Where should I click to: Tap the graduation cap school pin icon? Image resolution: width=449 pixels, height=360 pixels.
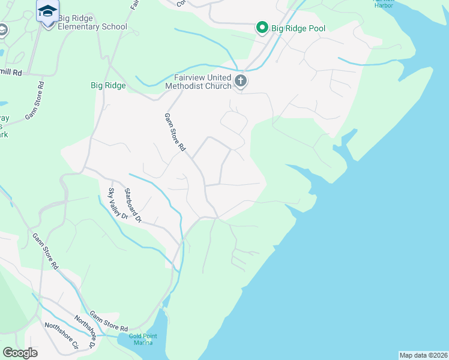click(x=47, y=11)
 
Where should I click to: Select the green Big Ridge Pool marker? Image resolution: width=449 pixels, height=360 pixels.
click(x=262, y=27)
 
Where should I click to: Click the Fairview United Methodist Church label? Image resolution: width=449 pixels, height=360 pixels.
click(x=202, y=82)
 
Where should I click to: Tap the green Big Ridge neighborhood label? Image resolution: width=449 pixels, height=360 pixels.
click(x=108, y=85)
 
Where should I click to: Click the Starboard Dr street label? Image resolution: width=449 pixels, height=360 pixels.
click(x=132, y=206)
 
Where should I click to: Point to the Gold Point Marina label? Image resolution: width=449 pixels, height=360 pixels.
click(x=142, y=339)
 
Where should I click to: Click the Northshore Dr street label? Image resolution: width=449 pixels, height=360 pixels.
click(x=85, y=332)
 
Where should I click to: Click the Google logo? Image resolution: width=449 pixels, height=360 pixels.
click(x=20, y=353)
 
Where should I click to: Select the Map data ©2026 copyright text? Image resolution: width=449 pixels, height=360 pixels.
click(x=424, y=355)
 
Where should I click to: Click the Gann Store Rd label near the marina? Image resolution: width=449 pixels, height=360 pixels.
click(x=109, y=321)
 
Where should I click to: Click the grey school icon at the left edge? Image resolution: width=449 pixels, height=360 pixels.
click(x=2, y=30)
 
